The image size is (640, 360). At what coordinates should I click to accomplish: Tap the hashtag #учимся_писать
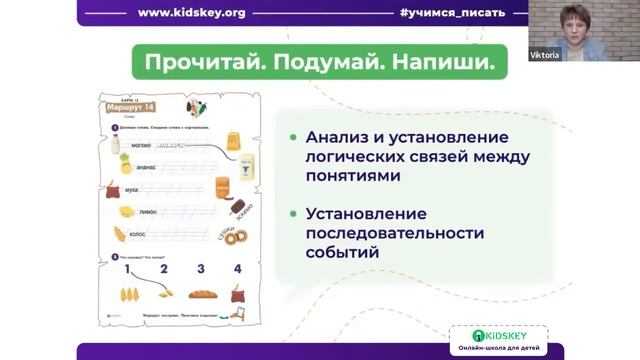click(444, 13)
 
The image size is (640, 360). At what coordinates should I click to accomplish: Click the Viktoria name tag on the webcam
click(545, 54)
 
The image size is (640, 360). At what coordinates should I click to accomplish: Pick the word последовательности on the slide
click(395, 233)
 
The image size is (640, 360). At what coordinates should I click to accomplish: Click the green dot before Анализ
click(292, 137)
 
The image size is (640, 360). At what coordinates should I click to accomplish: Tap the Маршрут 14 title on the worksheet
click(135, 108)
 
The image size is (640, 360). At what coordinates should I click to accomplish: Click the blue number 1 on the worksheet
click(128, 269)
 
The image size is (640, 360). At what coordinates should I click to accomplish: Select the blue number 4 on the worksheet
click(237, 269)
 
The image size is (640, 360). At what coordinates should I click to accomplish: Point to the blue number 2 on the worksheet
click(164, 269)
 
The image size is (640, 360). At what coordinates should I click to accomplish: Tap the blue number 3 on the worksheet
click(201, 269)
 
